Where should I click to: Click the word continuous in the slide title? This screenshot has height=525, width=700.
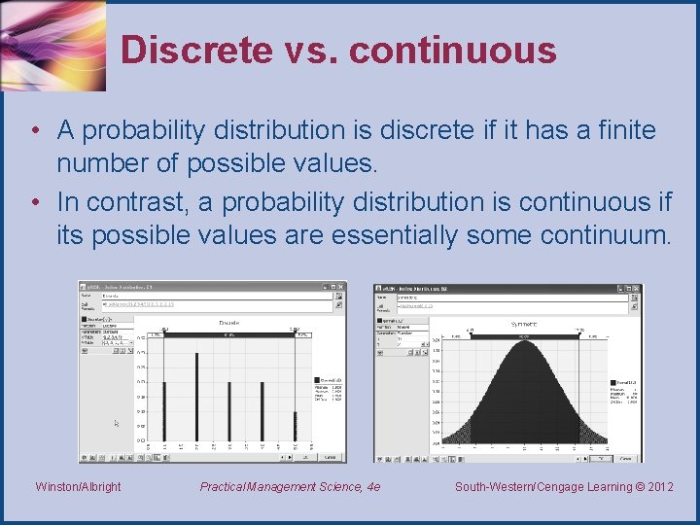click(x=452, y=51)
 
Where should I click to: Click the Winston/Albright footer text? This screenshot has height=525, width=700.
click(x=78, y=486)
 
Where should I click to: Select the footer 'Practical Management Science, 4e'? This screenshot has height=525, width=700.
click(x=290, y=486)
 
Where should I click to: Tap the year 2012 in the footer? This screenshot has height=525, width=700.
click(x=659, y=486)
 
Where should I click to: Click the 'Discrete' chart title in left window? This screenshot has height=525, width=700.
click(x=229, y=323)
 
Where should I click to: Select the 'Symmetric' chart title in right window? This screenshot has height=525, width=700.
click(x=524, y=323)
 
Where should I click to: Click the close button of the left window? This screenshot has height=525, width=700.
click(x=340, y=287)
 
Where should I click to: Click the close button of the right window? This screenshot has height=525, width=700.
click(x=637, y=288)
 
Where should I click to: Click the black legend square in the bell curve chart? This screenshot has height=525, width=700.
click(x=612, y=382)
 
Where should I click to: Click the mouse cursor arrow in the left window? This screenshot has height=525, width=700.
click(x=117, y=423)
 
